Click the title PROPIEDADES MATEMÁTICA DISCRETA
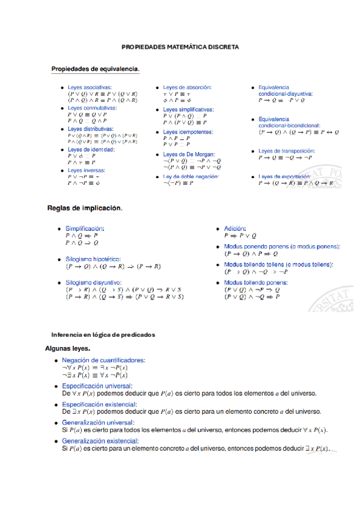tap(180, 46)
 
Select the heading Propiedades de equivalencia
tap(96, 69)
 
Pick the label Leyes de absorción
tap(187, 87)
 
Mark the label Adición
tap(235, 229)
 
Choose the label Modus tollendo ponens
tap(255, 281)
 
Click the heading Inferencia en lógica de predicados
tap(103, 334)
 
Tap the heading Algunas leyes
tap(67, 348)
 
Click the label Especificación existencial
tap(97, 405)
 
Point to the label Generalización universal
tap(98, 423)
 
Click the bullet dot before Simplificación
tap(58, 229)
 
